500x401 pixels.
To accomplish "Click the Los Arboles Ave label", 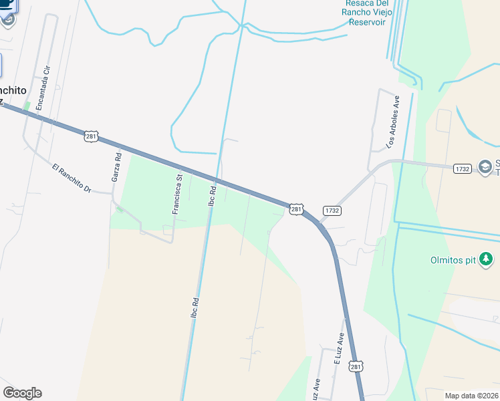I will click(x=393, y=122).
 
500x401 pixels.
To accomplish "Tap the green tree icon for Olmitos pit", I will click(x=487, y=259).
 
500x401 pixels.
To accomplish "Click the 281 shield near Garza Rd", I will click(x=92, y=136).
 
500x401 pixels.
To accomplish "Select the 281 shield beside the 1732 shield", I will click(x=297, y=209).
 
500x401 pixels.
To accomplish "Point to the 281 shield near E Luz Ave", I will click(x=357, y=367).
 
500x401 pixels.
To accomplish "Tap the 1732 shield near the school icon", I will click(x=463, y=168).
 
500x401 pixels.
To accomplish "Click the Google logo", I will click(x=23, y=393).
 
